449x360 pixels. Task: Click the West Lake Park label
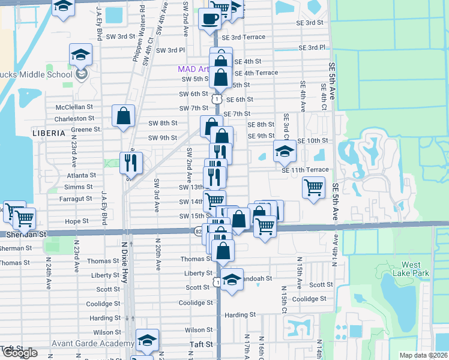coord(411,269)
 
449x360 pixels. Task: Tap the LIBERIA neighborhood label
coord(49,132)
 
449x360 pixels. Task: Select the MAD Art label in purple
coord(193,69)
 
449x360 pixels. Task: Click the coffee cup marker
coord(209,19)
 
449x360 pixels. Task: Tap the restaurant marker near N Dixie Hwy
coord(131,162)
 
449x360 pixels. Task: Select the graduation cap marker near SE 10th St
coord(285,151)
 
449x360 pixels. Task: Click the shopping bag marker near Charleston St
coord(123,115)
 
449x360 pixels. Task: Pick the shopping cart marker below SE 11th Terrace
coord(313,187)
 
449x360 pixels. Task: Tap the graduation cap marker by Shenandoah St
coord(232,280)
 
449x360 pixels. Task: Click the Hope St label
coord(76,221)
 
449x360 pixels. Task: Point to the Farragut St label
coord(76,198)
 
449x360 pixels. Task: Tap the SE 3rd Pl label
coord(312,47)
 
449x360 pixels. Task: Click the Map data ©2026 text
coord(423,355)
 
